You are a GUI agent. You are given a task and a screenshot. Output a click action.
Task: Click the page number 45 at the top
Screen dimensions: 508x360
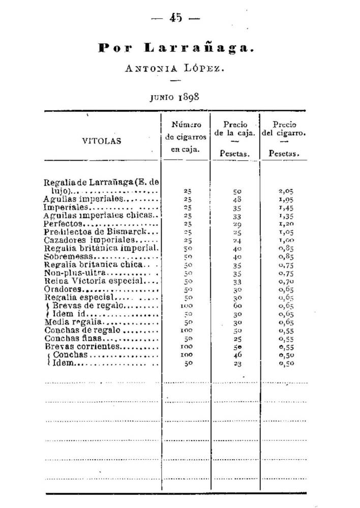tap(176, 18)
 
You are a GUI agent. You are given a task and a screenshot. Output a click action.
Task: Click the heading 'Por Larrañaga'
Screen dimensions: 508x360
tap(175, 48)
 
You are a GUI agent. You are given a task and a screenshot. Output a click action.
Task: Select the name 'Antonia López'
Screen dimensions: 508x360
tap(175, 69)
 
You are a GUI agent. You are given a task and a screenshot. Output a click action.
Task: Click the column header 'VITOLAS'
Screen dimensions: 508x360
tap(102, 141)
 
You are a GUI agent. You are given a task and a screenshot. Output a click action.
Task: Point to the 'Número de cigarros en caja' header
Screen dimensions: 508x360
tap(186, 137)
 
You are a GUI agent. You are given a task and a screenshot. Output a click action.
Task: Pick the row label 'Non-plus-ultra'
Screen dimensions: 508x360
tap(68, 273)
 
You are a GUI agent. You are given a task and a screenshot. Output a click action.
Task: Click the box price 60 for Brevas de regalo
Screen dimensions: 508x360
tap(237, 307)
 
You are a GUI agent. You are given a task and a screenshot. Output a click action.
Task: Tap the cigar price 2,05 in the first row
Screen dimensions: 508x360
tap(287, 192)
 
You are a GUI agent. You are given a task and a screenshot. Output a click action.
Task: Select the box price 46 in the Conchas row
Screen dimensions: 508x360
tap(237, 355)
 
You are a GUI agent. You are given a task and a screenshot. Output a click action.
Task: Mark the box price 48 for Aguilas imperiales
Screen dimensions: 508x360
tap(237, 200)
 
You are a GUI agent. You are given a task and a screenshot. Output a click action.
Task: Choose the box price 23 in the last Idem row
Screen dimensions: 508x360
tap(237, 364)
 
